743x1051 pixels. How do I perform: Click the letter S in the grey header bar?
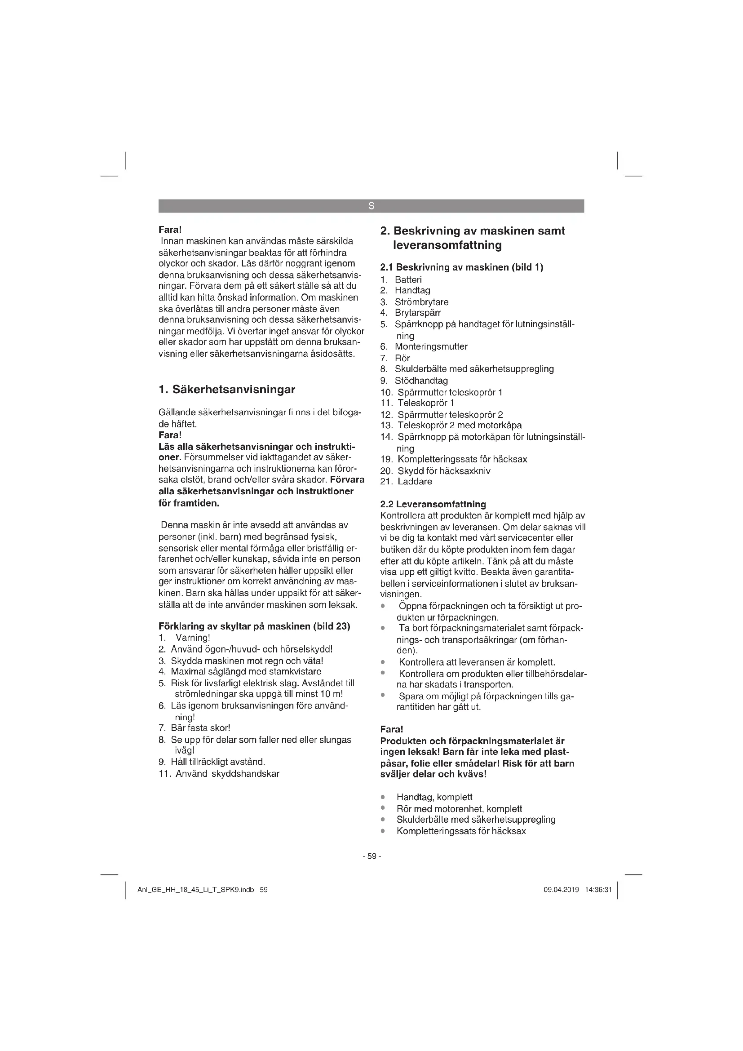point(371,206)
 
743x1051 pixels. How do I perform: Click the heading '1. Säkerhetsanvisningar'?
point(226,390)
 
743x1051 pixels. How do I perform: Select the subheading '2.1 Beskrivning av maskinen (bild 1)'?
point(462,267)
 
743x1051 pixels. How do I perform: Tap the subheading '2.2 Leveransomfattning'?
point(433,504)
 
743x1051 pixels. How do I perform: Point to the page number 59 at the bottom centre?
point(371,856)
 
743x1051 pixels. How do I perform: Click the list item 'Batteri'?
point(408,279)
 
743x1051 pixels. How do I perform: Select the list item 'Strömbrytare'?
point(421,302)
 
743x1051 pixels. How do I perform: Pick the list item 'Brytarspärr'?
point(418,313)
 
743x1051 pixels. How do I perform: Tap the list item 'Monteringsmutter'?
point(431,346)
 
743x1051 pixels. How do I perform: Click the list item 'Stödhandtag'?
point(421,381)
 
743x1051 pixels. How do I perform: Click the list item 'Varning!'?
point(193,638)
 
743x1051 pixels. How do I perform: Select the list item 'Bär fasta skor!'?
point(200,728)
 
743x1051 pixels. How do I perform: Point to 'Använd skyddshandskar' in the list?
point(227,774)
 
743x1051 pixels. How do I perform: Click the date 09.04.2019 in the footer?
point(561,890)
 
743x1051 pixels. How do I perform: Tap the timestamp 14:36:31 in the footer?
point(598,890)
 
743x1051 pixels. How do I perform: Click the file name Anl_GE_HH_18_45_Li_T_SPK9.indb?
point(195,890)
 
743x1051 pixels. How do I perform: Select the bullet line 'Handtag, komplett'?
point(434,797)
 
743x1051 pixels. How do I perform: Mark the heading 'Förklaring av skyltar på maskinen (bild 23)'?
point(254,626)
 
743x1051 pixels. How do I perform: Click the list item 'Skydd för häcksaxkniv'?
point(444,470)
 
